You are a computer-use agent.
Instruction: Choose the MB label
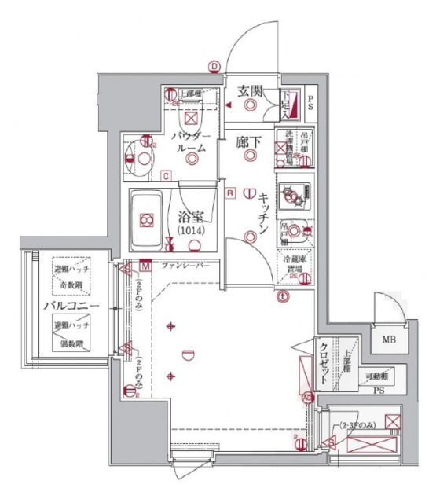[388, 340]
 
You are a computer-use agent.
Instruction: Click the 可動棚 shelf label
[378, 376]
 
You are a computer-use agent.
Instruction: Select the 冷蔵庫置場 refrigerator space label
[295, 264]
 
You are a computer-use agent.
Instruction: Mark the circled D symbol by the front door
[213, 66]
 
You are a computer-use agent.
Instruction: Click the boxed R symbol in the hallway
[229, 193]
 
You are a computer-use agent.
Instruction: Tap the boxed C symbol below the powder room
[166, 175]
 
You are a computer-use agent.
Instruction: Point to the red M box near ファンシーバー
[145, 266]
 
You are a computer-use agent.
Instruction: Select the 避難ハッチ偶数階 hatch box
[71, 335]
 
